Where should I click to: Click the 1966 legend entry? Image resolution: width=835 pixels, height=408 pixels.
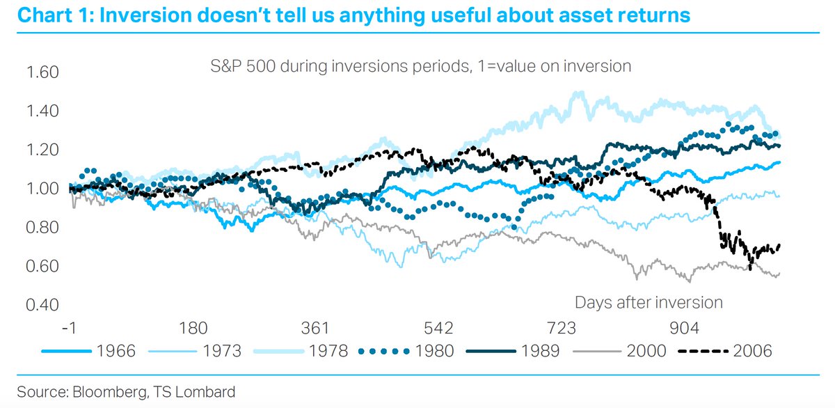88,351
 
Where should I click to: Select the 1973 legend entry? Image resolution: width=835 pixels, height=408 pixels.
195,351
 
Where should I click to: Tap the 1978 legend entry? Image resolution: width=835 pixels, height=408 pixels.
301,351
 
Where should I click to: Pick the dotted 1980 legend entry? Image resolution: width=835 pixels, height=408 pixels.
406,351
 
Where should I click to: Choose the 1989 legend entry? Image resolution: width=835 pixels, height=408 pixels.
513,351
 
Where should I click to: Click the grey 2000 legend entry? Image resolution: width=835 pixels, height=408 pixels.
619,351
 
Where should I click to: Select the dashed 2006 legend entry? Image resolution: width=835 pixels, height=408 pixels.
725,351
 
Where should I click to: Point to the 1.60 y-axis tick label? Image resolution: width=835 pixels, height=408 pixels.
42,72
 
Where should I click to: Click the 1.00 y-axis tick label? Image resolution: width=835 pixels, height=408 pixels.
42,189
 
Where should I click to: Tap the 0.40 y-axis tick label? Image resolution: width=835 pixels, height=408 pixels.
42,305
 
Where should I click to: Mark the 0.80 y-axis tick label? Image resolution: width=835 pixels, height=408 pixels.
42,227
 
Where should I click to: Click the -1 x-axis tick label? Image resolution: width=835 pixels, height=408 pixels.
70,328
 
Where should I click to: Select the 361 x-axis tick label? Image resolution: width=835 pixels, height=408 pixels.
315,328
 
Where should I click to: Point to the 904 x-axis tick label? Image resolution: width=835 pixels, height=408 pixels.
684,328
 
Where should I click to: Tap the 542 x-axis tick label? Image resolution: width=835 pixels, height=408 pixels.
438,328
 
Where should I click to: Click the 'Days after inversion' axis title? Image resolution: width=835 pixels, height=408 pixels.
649,302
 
